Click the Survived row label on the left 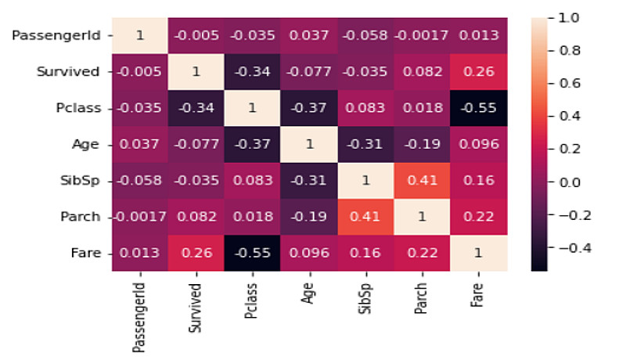pos(68,72)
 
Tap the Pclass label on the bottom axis pos(252,301)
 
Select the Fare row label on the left pos(85,254)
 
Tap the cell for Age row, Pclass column pos(252,145)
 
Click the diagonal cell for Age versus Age pos(308,145)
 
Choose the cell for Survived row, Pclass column pos(252,72)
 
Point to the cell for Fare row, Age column pos(308,254)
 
